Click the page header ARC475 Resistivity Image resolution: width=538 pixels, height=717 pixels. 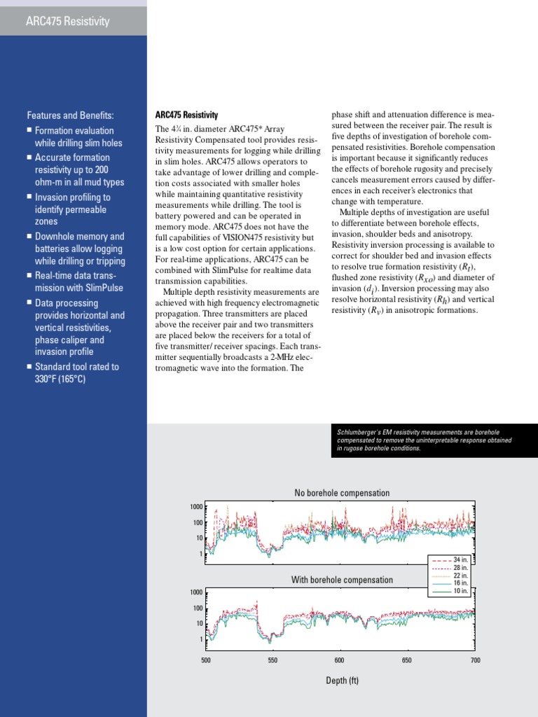point(67,21)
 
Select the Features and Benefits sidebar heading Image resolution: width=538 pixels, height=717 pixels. point(70,116)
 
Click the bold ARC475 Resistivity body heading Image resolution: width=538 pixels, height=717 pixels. point(186,115)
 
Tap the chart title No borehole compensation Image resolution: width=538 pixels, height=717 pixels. point(342,493)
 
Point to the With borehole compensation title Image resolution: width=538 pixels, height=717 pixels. point(342,580)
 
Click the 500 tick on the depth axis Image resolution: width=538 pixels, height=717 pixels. point(206,660)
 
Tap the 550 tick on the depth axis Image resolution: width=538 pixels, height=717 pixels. point(273,660)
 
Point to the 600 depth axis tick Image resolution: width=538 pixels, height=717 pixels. point(340,660)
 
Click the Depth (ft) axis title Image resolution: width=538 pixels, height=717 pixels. point(342,681)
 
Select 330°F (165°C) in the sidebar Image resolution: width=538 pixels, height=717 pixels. point(60,380)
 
